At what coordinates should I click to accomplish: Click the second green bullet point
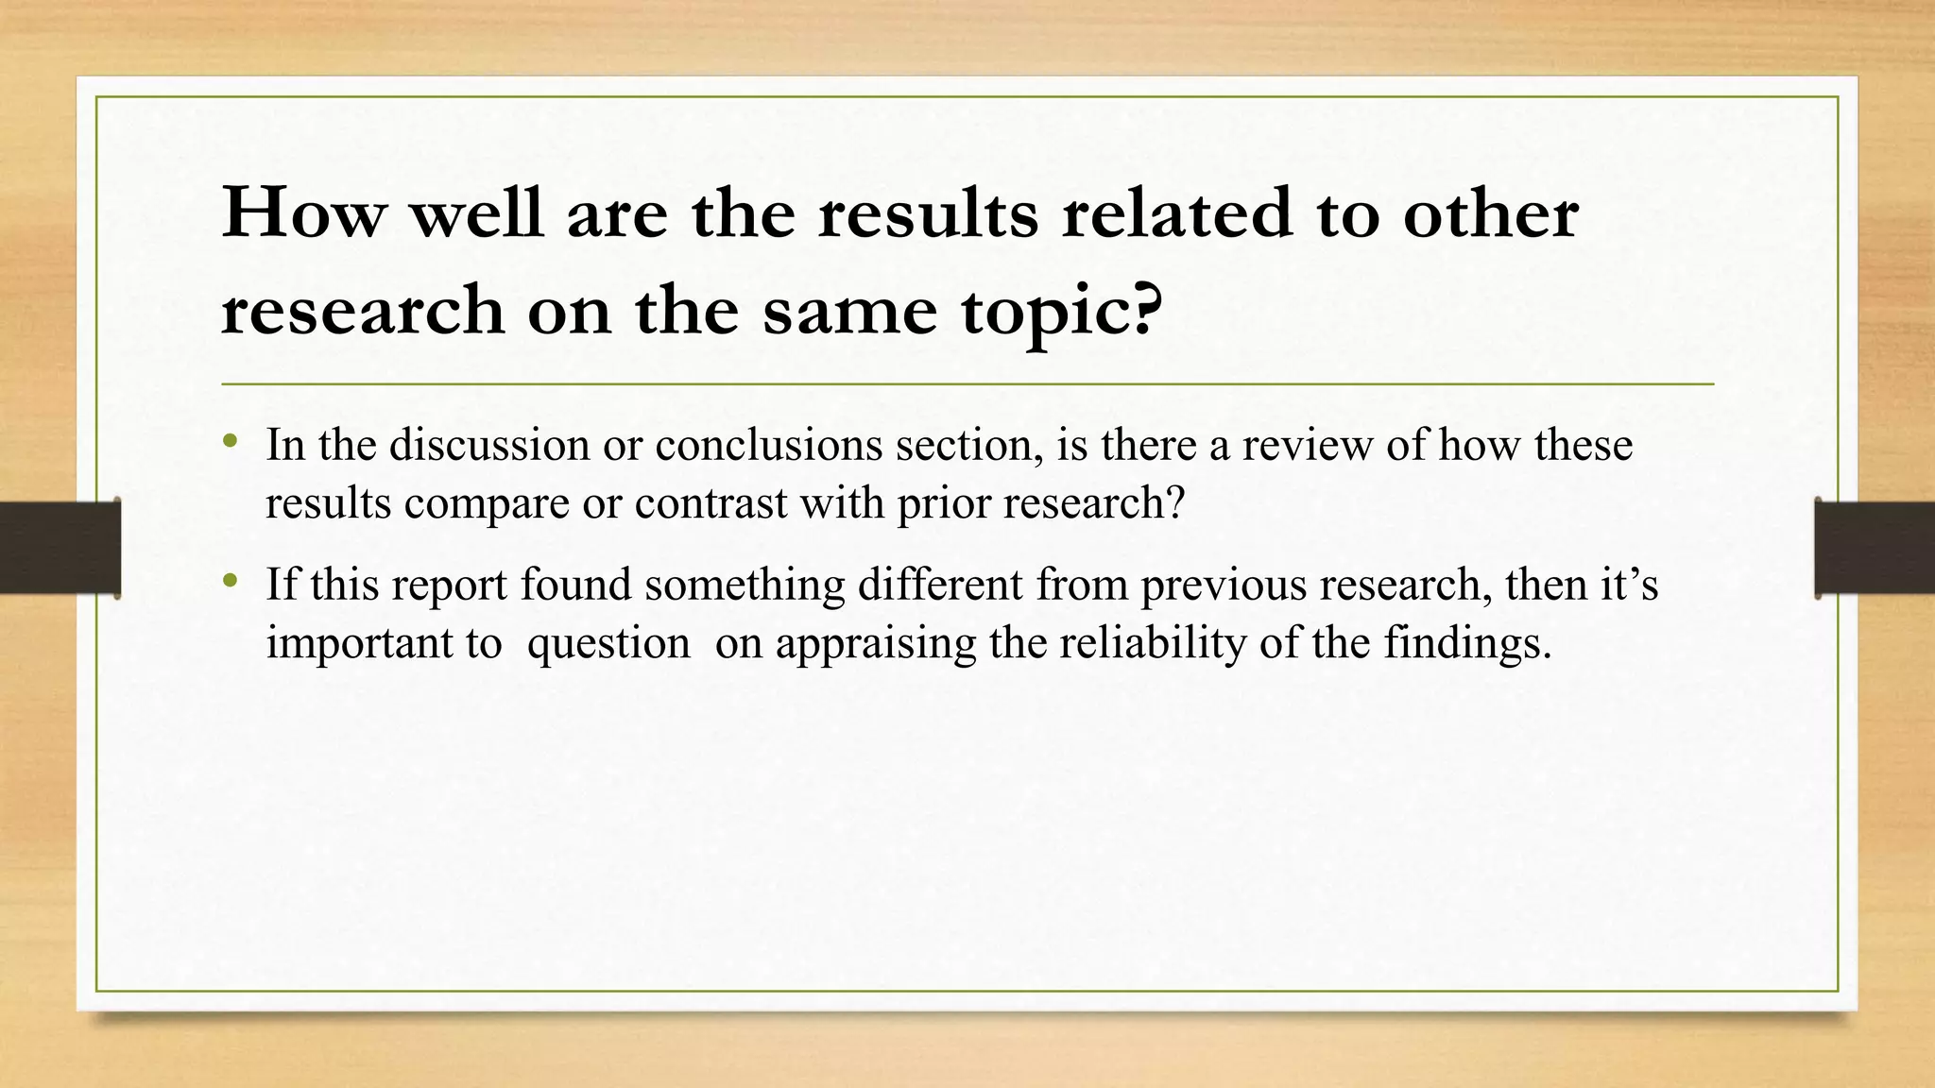[x=230, y=581]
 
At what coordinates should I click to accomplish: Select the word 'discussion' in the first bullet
[x=489, y=444]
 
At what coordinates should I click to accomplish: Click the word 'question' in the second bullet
[x=608, y=643]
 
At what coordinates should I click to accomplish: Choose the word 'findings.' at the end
[x=1468, y=642]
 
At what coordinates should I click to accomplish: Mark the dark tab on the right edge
[x=1875, y=548]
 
